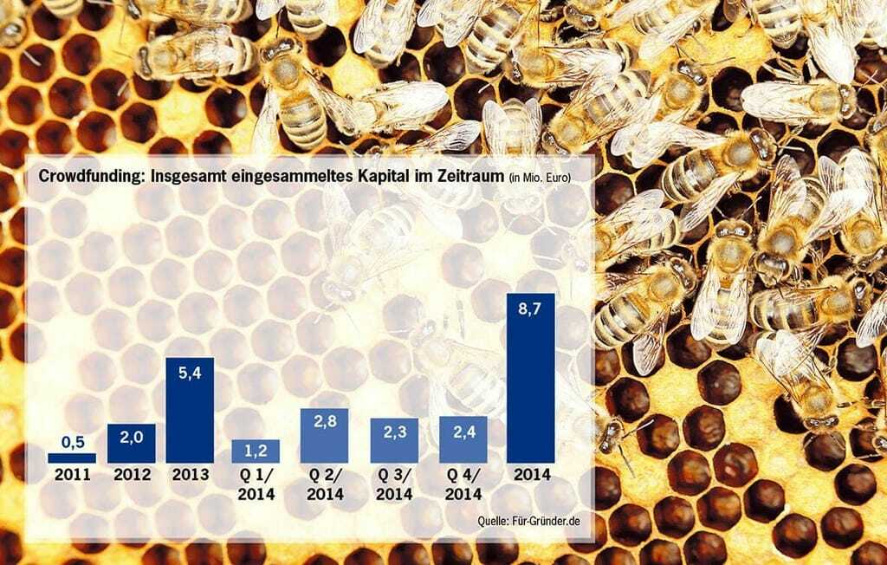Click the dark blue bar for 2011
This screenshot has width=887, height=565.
coord(72,457)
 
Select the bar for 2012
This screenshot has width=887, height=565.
coord(131,443)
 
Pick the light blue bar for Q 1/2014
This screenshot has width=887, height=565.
coord(256,451)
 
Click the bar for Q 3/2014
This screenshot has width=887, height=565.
coord(394,440)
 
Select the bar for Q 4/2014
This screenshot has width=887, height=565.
coord(463,439)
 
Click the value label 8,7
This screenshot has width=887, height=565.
coord(530,308)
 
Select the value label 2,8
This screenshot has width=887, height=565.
coord(324,422)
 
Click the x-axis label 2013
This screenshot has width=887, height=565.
coord(190,475)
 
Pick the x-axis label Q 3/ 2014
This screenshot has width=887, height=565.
coord(393,484)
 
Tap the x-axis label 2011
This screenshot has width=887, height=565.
coord(72,475)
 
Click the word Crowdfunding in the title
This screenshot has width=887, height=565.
coord(81,178)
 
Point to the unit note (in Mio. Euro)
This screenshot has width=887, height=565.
coord(540,179)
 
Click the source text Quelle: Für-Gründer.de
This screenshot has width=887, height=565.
coord(528,520)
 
